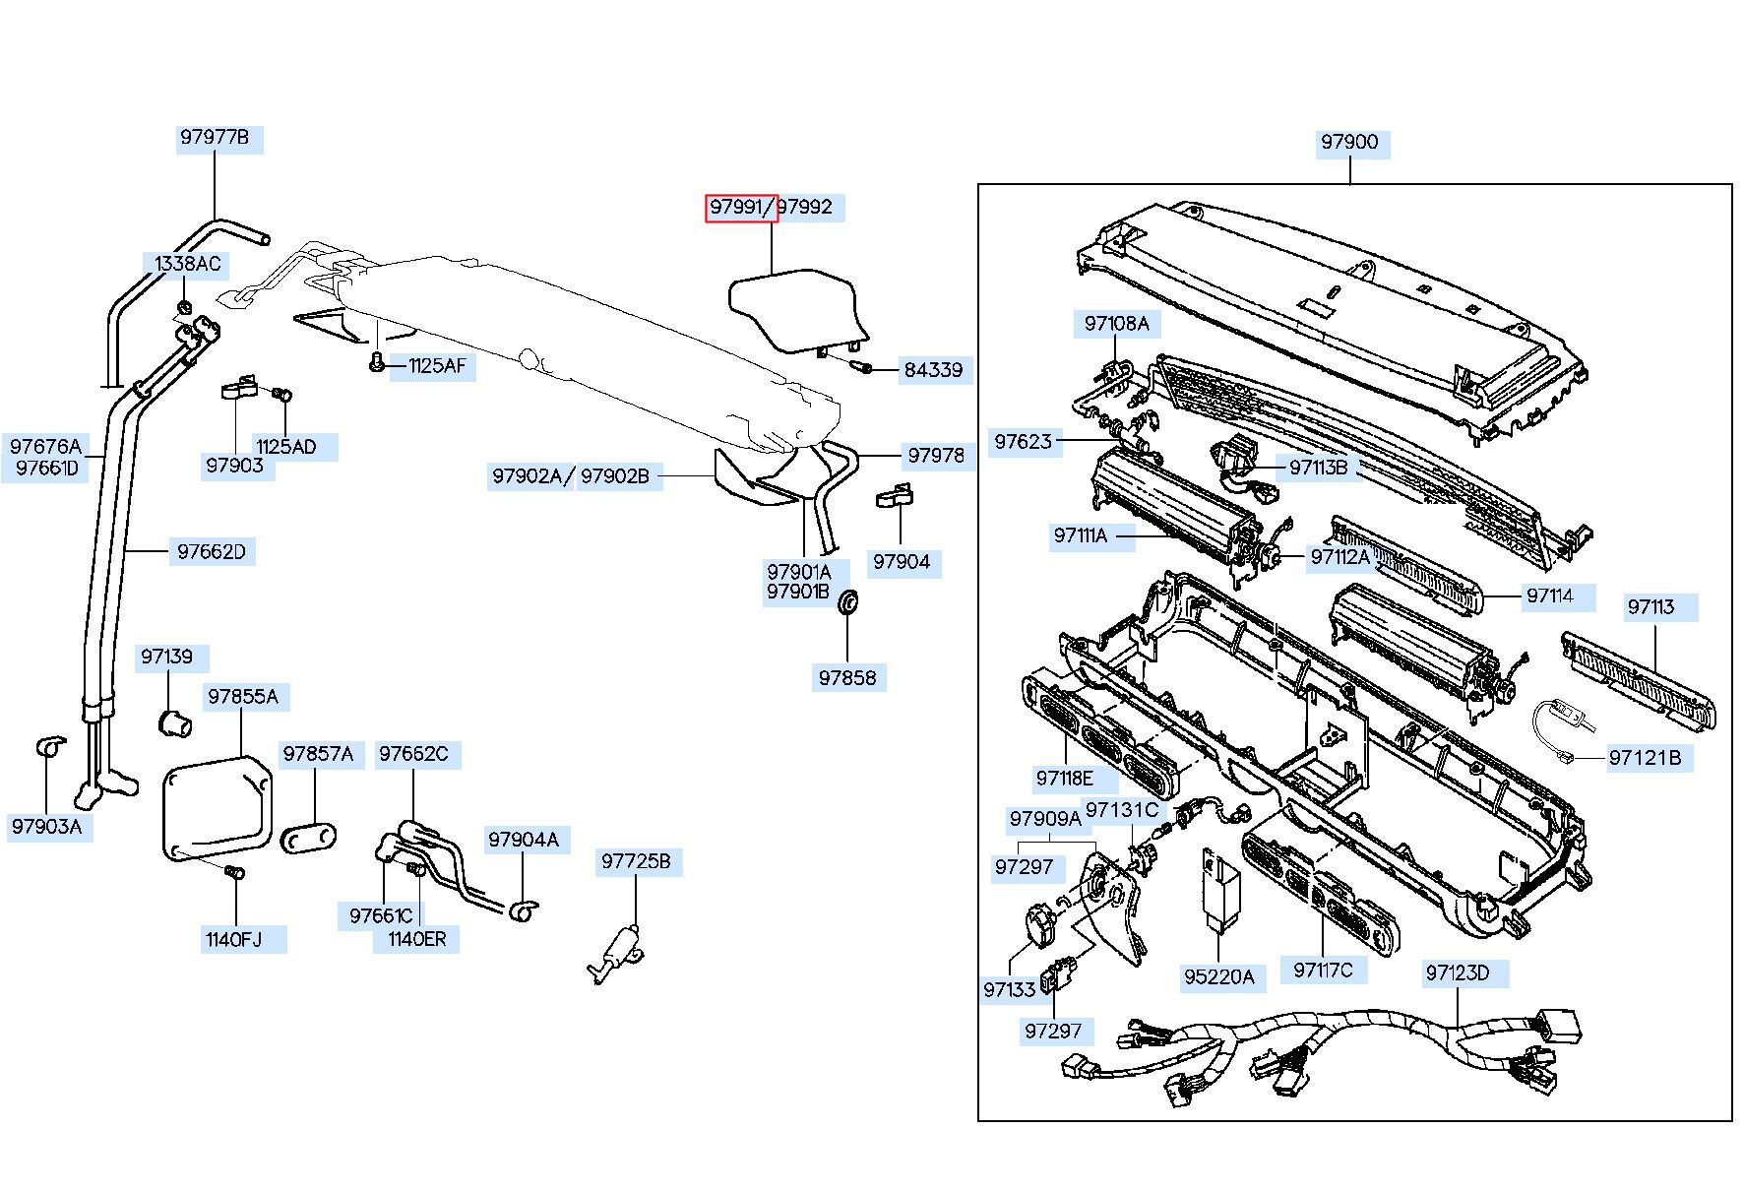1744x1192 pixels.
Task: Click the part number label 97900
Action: pos(1349,142)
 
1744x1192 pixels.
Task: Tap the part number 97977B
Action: pos(214,137)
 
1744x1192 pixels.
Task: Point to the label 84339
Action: pos(933,370)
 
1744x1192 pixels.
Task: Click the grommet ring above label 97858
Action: pos(848,601)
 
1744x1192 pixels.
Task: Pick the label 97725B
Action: pos(636,862)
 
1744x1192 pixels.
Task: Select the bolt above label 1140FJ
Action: pos(234,874)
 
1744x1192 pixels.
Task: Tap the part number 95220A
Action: pos(1219,976)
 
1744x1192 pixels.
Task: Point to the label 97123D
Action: pos(1458,973)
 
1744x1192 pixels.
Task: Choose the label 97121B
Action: pos(1645,757)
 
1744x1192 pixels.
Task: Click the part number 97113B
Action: pos(1319,468)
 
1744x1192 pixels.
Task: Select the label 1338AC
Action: pos(188,264)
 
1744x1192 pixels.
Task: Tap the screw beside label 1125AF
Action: pos(376,363)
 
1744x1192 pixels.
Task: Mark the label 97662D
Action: pos(212,551)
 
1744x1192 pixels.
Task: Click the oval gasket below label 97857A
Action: pos(309,839)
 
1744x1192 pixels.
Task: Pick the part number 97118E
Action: pos(1064,779)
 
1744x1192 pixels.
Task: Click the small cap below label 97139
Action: pos(174,721)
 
